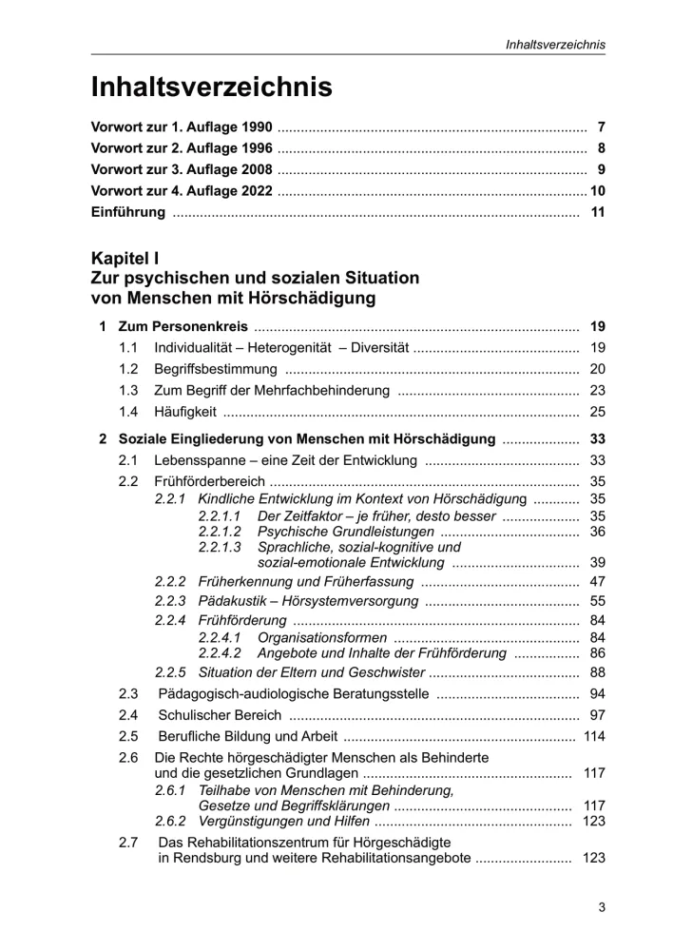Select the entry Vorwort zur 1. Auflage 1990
pos(182,126)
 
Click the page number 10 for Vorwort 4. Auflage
pos(597,191)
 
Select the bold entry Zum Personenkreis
pos(176,327)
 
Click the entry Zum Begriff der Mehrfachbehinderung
pos(272,390)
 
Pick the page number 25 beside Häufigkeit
pos(597,412)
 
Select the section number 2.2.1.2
pos(220,531)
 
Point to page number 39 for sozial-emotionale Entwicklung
pos(597,562)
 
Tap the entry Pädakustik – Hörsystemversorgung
pos(307,601)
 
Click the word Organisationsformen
pos(322,637)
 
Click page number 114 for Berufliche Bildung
pos(594,736)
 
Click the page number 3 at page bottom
pos(602,907)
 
